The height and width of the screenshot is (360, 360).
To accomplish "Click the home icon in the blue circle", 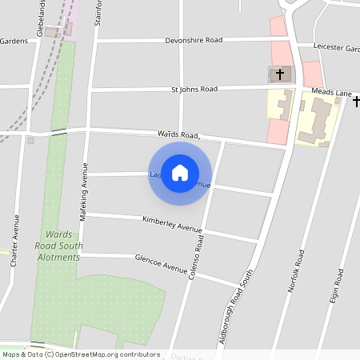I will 180,173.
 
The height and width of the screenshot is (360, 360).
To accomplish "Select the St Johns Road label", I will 194,89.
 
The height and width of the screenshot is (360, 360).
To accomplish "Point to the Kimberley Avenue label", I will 172,224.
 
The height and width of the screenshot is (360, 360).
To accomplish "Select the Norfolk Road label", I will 297,270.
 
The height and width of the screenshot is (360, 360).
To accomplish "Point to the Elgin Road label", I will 338,288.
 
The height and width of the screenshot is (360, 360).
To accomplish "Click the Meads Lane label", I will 331,93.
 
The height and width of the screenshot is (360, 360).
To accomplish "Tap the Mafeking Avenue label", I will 83,192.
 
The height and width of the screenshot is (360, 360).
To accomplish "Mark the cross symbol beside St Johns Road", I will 279,75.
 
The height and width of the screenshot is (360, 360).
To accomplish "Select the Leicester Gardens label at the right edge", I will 336,48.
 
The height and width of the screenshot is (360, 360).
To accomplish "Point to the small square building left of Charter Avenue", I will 31,141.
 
